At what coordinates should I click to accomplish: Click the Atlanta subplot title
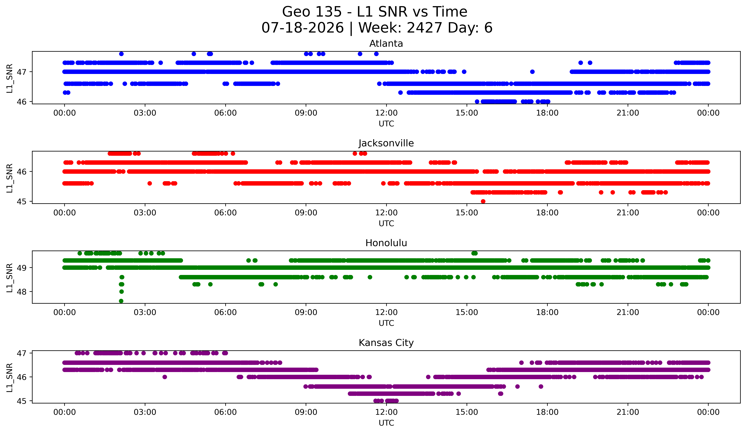[x=386, y=44]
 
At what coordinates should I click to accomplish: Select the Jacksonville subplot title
[x=386, y=143]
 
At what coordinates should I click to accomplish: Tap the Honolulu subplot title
[x=386, y=243]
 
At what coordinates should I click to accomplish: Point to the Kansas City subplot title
[x=386, y=343]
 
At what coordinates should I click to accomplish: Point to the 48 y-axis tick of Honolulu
[x=22, y=292]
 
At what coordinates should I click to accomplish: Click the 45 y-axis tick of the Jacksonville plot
[x=22, y=202]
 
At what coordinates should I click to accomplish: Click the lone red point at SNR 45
[x=483, y=201]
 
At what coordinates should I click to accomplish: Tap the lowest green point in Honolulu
[x=121, y=301]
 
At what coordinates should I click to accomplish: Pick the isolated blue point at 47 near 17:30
[x=532, y=72]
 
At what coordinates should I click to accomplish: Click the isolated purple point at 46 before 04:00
[x=165, y=377]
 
